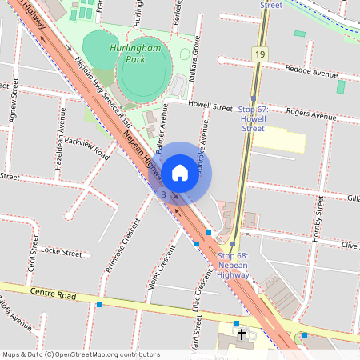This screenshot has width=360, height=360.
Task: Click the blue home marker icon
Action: point(180,171)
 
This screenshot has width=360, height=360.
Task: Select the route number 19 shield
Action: point(259,54)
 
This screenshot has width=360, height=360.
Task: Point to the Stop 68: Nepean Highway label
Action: point(233,265)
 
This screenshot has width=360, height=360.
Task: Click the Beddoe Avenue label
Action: point(312,72)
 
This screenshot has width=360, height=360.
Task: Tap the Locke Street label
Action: point(61,252)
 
